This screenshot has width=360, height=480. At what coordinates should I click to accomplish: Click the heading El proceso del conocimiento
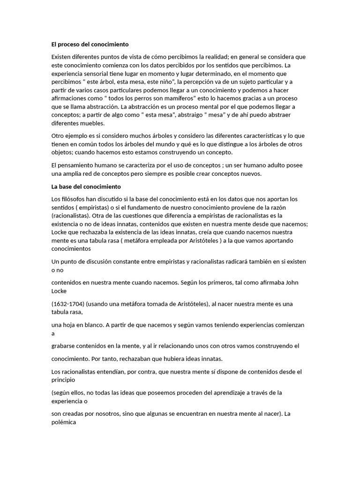coord(90,45)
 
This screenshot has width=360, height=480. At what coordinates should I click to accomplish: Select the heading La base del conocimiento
coord(86,187)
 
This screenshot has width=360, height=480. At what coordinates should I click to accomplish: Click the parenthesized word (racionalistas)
coord(71,216)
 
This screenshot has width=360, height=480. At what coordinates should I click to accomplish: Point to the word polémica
coord(64,422)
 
